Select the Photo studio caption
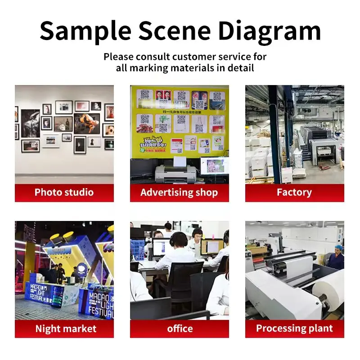pos(64,193)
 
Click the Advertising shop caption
pos(179,193)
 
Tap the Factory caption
pos(294,193)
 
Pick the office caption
pos(180,328)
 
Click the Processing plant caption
pos(294,328)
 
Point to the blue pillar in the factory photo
pos(274,135)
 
